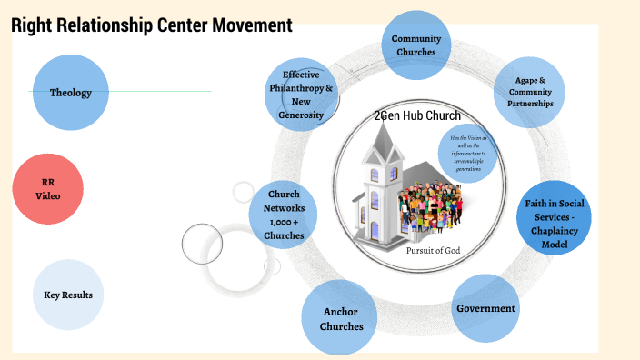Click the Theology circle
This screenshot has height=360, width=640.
coord(70,93)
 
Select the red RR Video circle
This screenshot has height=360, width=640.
coord(48,189)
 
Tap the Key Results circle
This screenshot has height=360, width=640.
coord(68,295)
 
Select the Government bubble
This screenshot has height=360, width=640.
coord(485,308)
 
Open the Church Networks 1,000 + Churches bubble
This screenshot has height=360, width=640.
coord(284,215)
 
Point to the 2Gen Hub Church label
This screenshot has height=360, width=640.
coord(417,115)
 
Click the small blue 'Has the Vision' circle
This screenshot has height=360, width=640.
coord(468,146)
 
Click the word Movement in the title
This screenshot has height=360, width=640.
coord(252,25)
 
